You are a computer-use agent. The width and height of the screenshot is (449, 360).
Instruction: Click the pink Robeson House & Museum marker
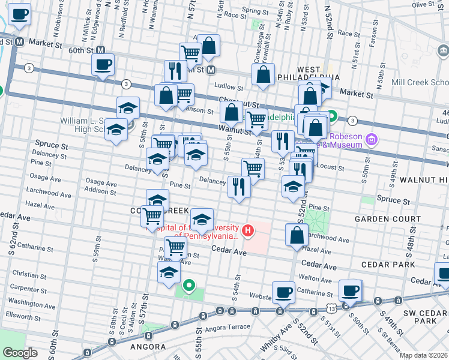372,140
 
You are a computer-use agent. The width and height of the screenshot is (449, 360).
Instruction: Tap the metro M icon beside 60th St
100,51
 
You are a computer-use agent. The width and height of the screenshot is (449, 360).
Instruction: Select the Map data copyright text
424,355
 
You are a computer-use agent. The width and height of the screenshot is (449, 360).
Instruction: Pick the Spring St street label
255,11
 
